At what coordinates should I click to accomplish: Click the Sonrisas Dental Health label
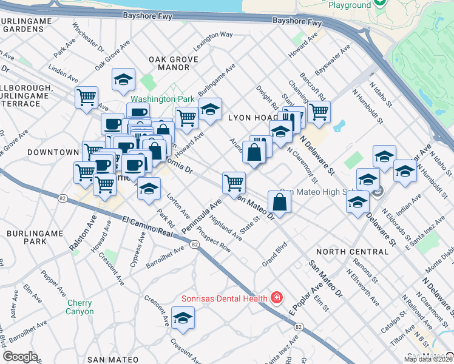[225, 298]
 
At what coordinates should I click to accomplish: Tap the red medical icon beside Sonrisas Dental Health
[277, 298]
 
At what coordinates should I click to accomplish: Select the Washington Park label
[162, 99]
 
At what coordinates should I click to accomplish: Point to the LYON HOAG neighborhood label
[252, 116]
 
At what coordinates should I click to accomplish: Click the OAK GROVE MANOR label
[169, 62]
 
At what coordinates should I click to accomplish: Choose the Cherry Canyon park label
[80, 308]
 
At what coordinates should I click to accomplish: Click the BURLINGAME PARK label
[27, 237]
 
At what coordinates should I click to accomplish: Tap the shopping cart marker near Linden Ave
[86, 96]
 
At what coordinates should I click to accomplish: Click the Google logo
[21, 357]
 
